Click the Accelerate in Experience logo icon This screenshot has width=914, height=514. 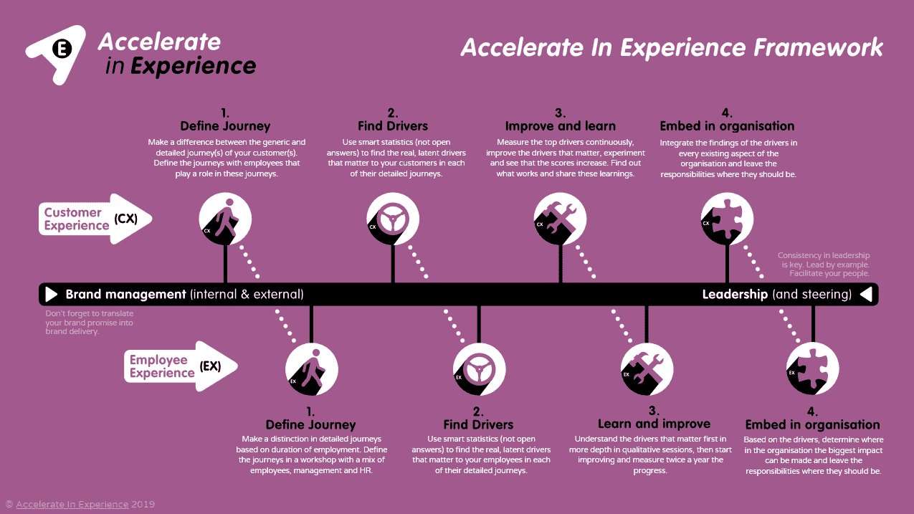coord(55,53)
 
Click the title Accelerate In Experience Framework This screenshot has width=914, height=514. coord(672,48)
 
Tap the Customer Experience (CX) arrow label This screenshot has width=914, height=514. coord(95,219)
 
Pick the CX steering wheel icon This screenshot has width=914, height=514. coord(393,219)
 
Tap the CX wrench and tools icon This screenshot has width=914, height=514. coord(560,219)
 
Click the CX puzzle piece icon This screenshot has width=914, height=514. coord(727,219)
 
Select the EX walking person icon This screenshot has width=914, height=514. coord(311,370)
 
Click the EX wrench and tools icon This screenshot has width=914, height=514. coord(646,370)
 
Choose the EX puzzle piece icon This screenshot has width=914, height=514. coord(812,370)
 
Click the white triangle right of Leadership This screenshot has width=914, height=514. coord(866,295)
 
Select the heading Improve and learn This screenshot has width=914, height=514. coord(560,126)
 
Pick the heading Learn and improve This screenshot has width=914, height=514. coord(654,424)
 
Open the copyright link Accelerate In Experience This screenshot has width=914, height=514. coord(72,505)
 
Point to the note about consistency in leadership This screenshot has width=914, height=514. coord(824,265)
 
